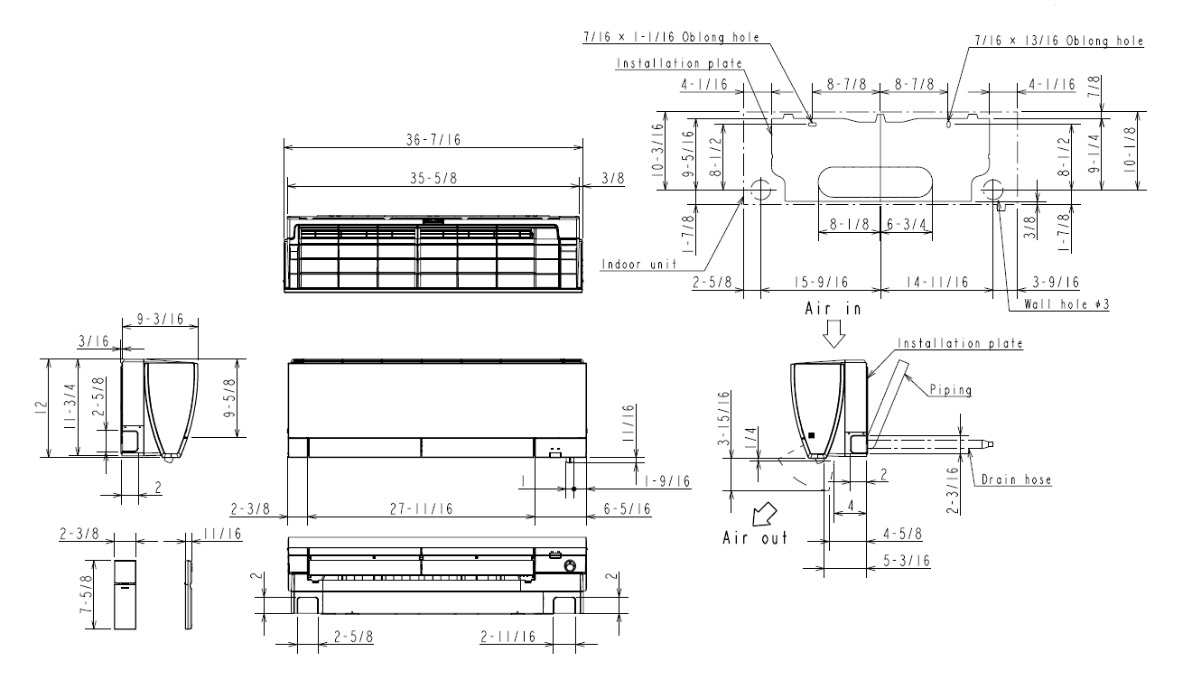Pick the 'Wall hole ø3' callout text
click(1066, 304)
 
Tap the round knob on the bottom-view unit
click(570, 566)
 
